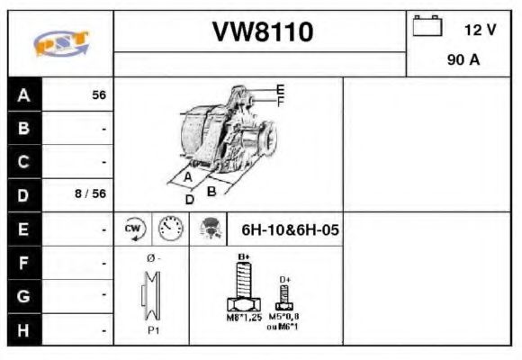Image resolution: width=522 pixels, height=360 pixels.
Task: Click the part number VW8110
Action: (262, 32)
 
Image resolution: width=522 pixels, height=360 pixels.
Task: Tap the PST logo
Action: (60, 42)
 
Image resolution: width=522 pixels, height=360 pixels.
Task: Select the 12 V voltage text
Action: (480, 30)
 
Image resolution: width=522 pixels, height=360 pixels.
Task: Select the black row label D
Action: (24, 194)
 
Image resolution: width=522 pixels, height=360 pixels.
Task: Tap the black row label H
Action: (24, 329)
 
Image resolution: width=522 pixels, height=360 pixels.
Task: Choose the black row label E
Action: (24, 229)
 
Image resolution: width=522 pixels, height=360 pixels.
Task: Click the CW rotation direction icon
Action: (132, 229)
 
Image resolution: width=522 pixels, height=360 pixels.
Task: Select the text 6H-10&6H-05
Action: (290, 229)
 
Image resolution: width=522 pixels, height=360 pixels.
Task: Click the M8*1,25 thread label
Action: (243, 318)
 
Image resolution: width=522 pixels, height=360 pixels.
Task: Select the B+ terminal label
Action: (243, 257)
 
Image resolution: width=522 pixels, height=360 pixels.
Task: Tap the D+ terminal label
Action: (285, 280)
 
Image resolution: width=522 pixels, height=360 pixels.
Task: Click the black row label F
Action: (24, 264)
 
